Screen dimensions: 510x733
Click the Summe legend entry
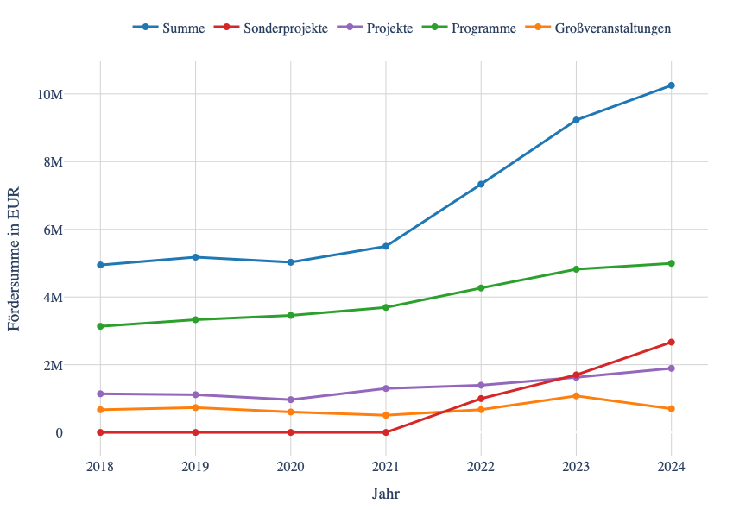pos(169,28)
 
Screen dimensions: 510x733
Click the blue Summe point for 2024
pos(671,85)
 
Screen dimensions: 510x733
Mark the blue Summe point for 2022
pos(481,184)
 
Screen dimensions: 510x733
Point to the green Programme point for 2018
pos(100,326)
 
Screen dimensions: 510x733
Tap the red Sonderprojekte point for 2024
pos(671,343)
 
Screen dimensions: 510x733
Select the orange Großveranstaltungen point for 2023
pos(576,396)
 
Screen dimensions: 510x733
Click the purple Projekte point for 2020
pos(290,400)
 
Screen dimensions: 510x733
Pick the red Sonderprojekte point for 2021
pos(386,432)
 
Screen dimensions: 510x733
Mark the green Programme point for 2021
pos(386,307)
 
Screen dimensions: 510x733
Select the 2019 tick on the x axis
pos(195,467)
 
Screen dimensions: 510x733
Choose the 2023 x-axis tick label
pos(576,467)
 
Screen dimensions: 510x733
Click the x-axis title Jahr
pos(386,494)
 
